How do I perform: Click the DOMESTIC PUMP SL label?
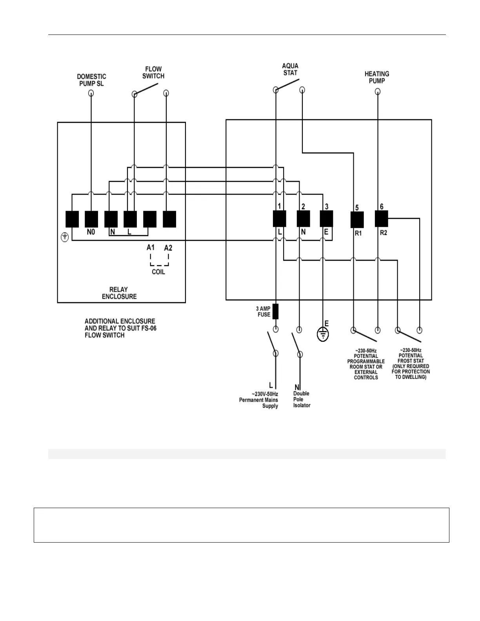point(91,80)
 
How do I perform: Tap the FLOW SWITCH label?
point(153,73)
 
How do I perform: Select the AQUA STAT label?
point(290,69)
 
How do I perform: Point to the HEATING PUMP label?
point(377,77)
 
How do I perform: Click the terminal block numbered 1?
point(280,219)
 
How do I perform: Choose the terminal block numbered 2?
point(303,219)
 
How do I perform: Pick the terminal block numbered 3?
point(327,219)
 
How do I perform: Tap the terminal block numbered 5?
point(357,220)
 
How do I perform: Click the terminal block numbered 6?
point(382,219)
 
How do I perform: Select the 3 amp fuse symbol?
point(276,311)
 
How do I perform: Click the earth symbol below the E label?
point(323,335)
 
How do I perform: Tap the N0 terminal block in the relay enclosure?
point(91,219)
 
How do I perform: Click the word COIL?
point(158,272)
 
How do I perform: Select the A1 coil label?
point(151,247)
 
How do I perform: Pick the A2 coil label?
point(168,248)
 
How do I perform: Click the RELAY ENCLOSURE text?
point(119,293)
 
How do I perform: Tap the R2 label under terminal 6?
point(384,233)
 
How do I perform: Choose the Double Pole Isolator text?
point(302,399)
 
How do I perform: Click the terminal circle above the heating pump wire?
point(378,92)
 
